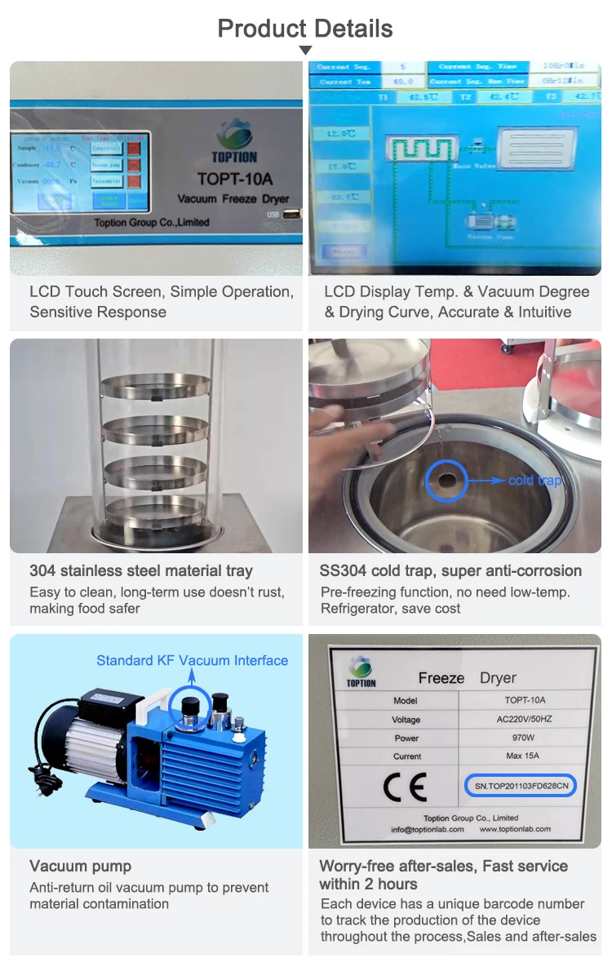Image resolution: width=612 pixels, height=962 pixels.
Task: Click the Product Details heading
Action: click(x=305, y=29)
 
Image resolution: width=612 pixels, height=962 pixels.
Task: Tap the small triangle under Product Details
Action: click(x=305, y=51)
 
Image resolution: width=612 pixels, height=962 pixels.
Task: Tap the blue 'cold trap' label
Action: click(x=534, y=481)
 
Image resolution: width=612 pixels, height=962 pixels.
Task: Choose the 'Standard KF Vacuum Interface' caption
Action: click(x=192, y=660)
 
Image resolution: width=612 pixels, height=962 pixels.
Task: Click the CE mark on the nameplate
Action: click(x=405, y=787)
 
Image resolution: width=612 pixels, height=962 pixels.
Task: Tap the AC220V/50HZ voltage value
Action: click(x=525, y=719)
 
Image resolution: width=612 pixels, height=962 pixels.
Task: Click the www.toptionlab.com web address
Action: click(x=515, y=829)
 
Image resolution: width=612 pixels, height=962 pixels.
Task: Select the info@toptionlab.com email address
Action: click(x=428, y=829)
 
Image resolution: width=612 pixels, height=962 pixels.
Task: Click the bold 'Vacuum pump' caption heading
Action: click(x=80, y=866)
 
